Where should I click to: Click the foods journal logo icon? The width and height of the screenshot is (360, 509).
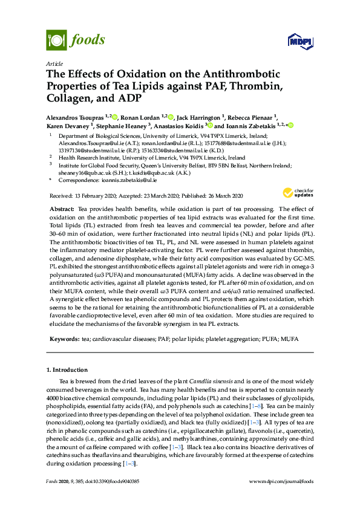(x=56, y=40)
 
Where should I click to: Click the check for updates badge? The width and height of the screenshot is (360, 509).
(x=295, y=193)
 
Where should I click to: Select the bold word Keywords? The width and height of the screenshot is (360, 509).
(x=64, y=340)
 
